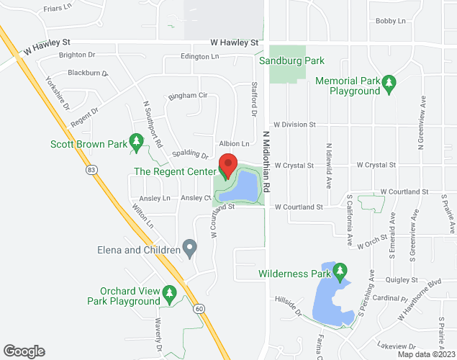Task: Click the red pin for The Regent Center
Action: [228, 165]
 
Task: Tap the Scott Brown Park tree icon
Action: [135, 143]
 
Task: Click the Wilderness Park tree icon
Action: [339, 273]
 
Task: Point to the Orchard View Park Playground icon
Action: [170, 292]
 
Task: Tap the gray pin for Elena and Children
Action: [190, 250]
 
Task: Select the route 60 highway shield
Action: [199, 307]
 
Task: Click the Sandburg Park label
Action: [290, 60]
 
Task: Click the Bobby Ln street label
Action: [390, 22]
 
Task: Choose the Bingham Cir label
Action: [187, 95]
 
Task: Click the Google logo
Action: [23, 351]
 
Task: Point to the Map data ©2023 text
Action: [426, 354]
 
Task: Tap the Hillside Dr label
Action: [288, 305]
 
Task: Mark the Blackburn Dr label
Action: [87, 73]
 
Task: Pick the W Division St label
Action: [294, 125]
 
